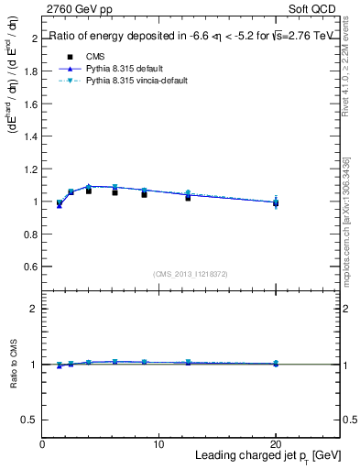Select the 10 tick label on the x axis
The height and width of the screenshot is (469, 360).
pyautogui.click(x=158, y=444)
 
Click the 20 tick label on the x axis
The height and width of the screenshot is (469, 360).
pyautogui.click(x=275, y=444)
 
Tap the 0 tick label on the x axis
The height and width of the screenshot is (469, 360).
pyautogui.click(x=43, y=444)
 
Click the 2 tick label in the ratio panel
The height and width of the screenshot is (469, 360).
pyautogui.click(x=34, y=309)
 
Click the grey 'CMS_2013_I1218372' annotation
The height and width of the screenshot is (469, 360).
pyautogui.click(x=191, y=274)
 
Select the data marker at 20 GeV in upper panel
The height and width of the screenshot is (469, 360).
pyautogui.click(x=276, y=202)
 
